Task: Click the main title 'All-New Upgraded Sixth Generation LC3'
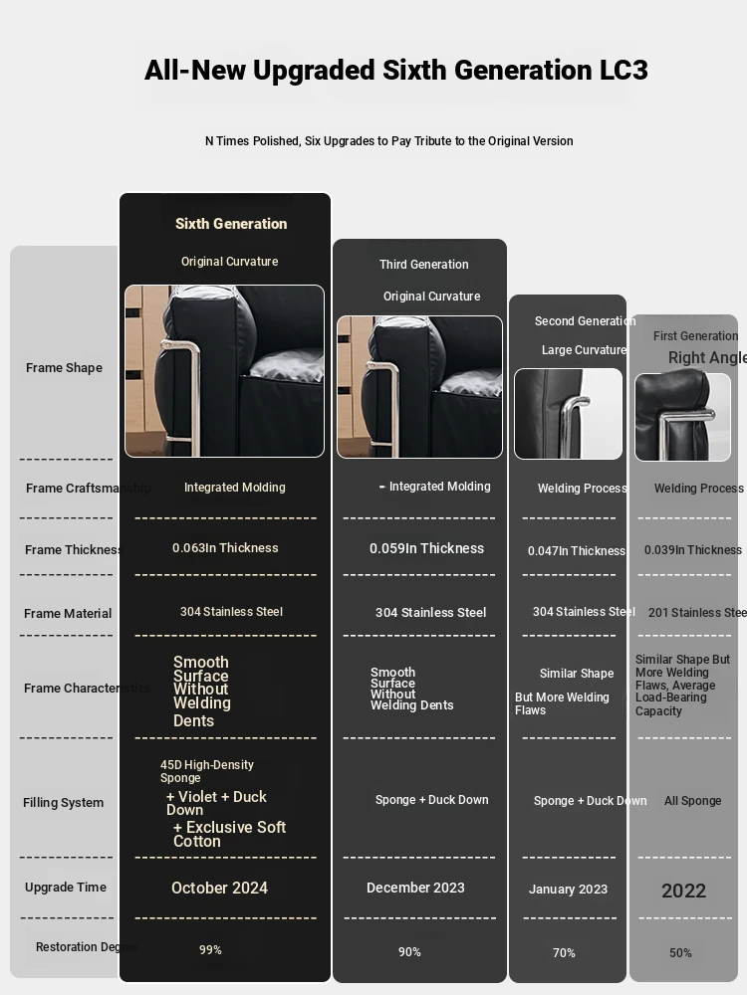395,71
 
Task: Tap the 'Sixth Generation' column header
231,224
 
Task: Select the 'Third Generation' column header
423,265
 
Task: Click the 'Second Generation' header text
584,321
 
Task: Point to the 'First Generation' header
695,336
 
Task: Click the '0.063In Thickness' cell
225,548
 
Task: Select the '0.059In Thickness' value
426,548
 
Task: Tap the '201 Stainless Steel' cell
696,613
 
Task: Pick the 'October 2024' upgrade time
219,889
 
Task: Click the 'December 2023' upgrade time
415,888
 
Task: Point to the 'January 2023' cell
568,890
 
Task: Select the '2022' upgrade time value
683,891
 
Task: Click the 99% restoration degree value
210,950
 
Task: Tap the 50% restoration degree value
680,953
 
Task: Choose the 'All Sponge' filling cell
692,801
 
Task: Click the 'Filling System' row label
63,803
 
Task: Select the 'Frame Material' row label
68,614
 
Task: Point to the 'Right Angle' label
706,358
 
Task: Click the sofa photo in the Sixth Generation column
224,371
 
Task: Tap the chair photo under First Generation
682,417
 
